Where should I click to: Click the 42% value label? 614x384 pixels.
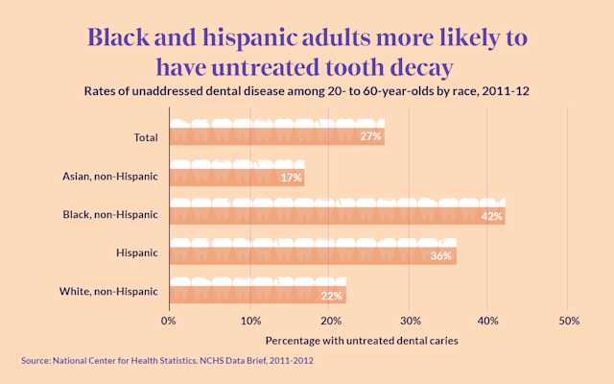tap(492, 217)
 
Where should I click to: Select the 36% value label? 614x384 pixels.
tap(440, 256)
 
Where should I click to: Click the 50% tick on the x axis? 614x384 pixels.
tap(568, 320)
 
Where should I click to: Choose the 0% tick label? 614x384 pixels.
tap(169, 320)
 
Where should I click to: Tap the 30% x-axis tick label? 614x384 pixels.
tap(409, 320)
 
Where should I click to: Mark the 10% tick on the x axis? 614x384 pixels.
tap(248, 320)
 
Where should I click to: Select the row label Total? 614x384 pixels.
tap(146, 137)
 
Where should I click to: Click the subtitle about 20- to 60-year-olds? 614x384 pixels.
tap(306, 92)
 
